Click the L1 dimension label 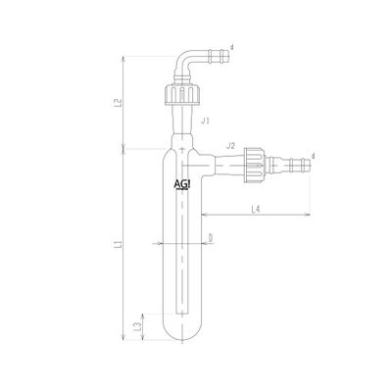[x=120, y=244]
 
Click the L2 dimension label [x=120, y=103]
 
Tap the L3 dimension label [x=138, y=326]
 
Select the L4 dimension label [x=256, y=210]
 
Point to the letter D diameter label [x=211, y=239]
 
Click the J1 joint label [x=205, y=122]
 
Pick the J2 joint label [x=230, y=146]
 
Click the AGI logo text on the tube [x=182, y=185]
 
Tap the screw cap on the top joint [x=182, y=95]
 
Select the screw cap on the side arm [x=254, y=163]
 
